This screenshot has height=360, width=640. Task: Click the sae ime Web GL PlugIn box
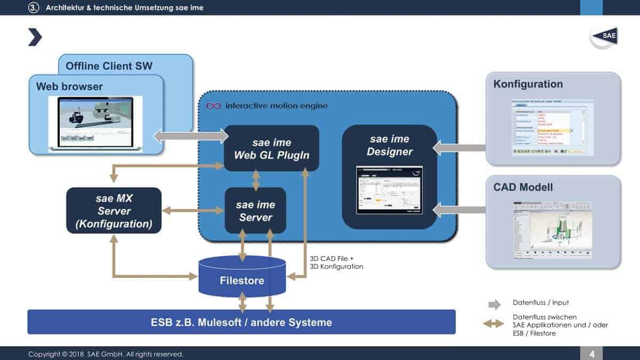click(271, 148)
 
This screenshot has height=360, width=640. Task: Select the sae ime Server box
click(255, 211)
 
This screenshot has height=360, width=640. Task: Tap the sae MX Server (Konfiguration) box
click(114, 211)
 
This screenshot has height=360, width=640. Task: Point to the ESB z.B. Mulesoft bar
click(241, 322)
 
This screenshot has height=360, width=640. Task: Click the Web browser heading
click(69, 86)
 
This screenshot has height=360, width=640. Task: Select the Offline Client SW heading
click(109, 66)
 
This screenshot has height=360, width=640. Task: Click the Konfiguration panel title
click(528, 84)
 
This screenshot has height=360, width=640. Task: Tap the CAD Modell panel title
click(523, 187)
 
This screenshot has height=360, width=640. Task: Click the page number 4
click(592, 354)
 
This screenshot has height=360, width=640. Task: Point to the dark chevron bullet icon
click(35, 37)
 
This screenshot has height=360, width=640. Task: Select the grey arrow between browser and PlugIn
click(190, 136)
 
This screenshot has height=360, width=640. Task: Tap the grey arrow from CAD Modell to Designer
click(459, 210)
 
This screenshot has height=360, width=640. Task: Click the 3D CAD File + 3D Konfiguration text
click(337, 262)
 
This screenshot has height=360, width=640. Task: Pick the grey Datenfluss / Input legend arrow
click(494, 305)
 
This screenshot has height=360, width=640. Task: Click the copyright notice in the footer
click(106, 354)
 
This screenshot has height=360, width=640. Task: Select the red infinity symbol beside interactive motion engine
click(213, 106)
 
